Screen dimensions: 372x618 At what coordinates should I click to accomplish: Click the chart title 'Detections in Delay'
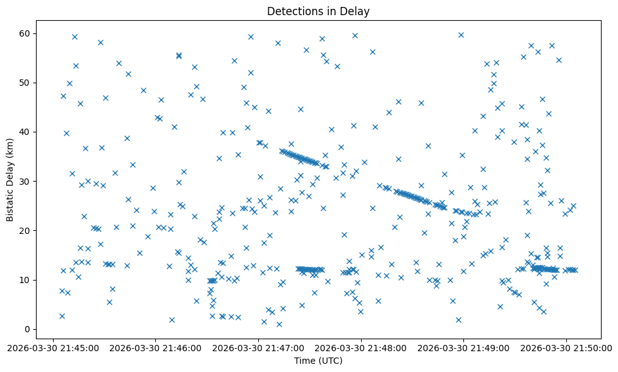(318, 11)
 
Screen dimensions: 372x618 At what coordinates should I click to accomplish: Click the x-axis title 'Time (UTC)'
(318, 361)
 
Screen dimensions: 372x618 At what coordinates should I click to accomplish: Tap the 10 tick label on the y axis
(25, 280)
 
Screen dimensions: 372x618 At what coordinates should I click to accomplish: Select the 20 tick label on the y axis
(25, 231)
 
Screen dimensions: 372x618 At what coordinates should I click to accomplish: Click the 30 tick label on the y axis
(25, 182)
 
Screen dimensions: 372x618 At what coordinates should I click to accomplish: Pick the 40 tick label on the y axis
(25, 132)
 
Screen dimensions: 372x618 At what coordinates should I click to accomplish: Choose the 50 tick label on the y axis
(25, 83)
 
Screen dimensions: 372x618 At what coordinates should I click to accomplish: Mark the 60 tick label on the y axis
(25, 33)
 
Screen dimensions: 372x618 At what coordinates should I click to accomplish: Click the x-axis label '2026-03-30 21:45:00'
(53, 347)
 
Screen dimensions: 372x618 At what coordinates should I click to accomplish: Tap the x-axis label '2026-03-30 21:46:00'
(155, 347)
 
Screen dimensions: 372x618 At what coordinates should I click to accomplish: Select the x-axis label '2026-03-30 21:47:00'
(258, 347)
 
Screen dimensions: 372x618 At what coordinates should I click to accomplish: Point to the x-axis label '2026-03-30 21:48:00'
(361, 347)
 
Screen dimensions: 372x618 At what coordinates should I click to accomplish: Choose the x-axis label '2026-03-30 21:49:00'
(464, 347)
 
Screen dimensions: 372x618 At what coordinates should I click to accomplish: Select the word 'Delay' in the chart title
(357, 11)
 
